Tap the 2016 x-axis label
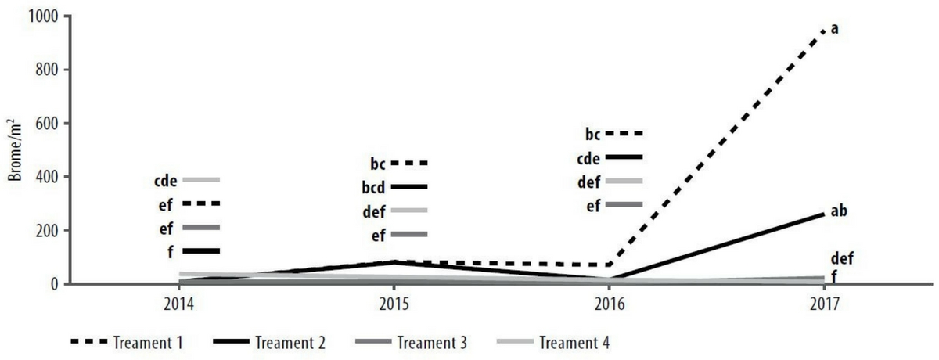click(610, 303)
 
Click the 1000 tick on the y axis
click(39, 15)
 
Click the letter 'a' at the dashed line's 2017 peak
click(834, 29)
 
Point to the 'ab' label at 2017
click(839, 211)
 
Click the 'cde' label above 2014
click(166, 180)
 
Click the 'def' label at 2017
click(842, 259)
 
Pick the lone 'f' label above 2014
click(172, 250)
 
